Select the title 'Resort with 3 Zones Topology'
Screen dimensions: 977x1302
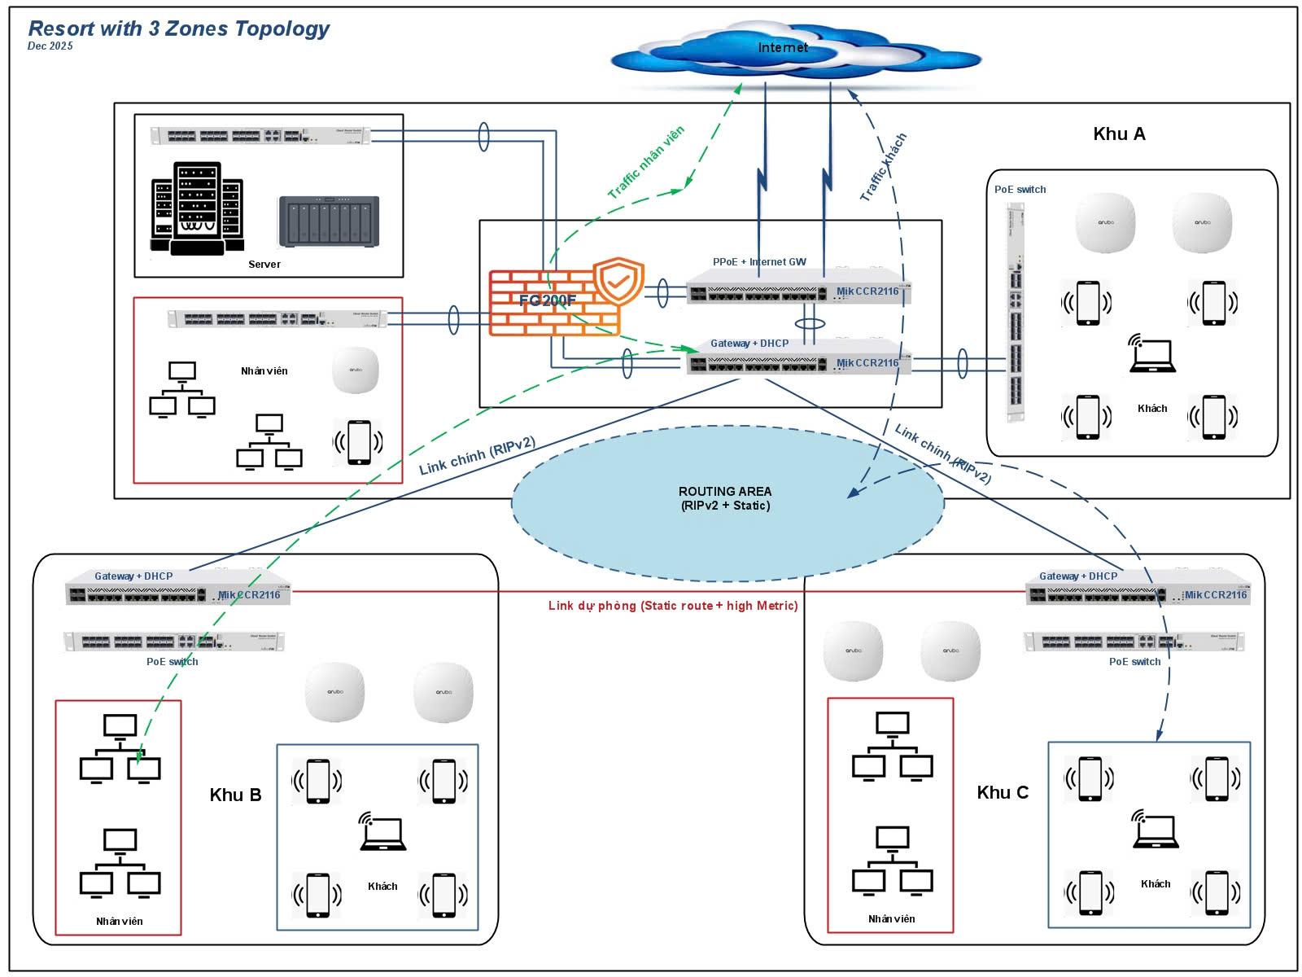pos(178,28)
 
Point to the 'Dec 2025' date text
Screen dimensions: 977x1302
pos(50,46)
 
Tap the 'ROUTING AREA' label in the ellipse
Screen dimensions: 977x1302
pos(724,498)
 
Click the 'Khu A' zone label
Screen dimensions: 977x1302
pos(1118,134)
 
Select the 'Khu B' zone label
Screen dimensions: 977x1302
pos(235,795)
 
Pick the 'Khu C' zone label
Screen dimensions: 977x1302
pos(1002,793)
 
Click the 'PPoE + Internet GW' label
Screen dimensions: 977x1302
pos(758,262)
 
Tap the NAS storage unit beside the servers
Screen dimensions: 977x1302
pos(329,221)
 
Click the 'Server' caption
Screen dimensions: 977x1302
pos(264,265)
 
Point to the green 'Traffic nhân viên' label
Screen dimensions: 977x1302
pos(646,162)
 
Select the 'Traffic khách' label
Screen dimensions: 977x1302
pos(883,167)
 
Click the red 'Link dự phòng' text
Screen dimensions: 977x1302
pos(672,606)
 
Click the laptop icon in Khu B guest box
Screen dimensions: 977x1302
pos(382,832)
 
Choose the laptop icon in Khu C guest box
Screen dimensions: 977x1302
pos(1156,830)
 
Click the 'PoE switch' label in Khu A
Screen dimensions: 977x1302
pos(1020,190)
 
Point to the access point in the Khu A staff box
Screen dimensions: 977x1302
pos(356,370)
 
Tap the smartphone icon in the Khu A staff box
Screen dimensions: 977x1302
pos(359,442)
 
